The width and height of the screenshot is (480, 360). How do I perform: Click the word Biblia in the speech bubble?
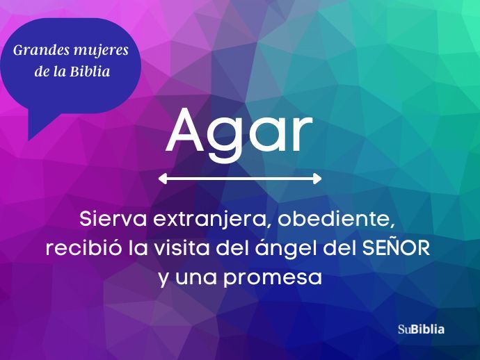coord(90,72)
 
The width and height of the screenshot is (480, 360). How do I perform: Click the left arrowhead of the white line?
coord(163,179)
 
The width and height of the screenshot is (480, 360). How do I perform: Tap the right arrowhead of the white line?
coord(317,179)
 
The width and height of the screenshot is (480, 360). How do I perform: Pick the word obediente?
coord(337,219)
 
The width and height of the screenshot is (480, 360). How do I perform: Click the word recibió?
coord(83,247)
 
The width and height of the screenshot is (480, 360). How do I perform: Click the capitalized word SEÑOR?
coord(396,247)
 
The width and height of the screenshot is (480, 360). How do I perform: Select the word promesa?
coord(273,278)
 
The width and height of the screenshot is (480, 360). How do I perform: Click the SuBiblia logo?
coord(422,329)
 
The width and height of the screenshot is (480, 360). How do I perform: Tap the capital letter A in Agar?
coord(185,130)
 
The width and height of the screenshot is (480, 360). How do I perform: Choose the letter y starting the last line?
coord(163,279)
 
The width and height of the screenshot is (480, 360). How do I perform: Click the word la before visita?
coord(138,247)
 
